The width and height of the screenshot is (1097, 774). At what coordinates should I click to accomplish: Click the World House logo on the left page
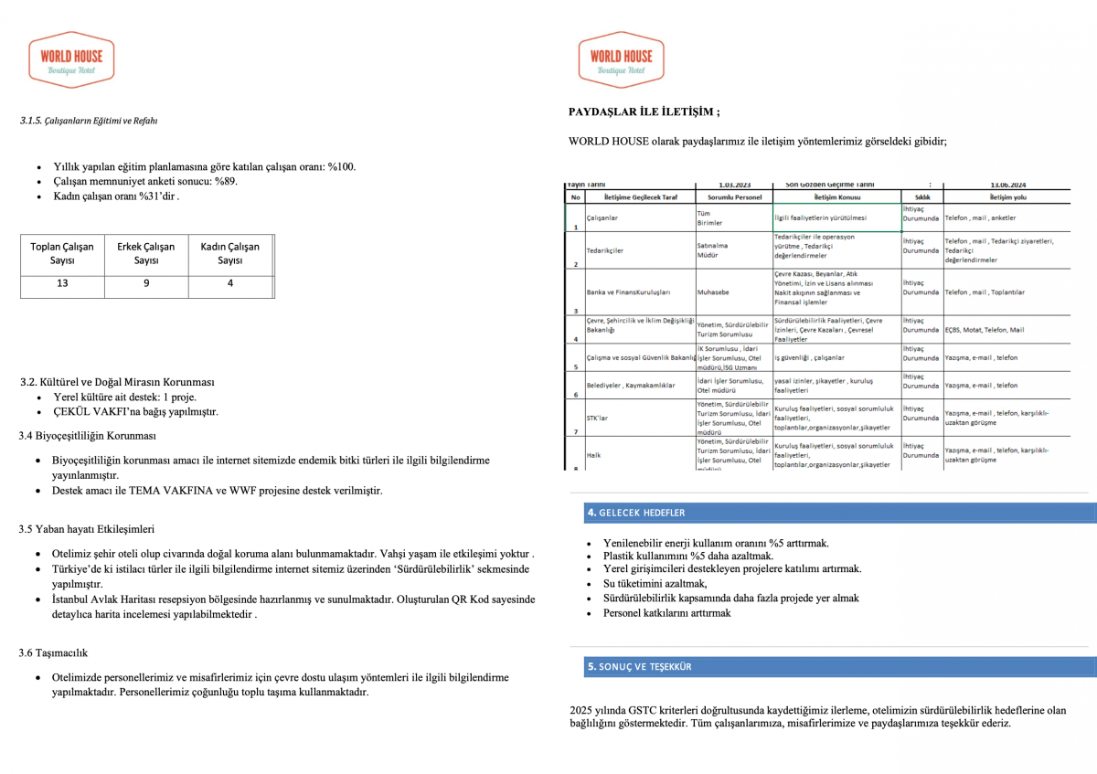click(x=71, y=59)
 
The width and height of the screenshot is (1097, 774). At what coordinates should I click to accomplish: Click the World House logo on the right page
click(x=621, y=59)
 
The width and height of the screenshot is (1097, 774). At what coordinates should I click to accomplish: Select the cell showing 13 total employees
click(x=61, y=283)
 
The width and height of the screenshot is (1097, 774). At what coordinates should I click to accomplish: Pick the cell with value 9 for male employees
click(x=146, y=283)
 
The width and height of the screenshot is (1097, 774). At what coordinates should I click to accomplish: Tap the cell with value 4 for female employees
click(x=229, y=283)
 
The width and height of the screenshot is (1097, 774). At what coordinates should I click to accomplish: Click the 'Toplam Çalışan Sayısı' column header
click(x=62, y=253)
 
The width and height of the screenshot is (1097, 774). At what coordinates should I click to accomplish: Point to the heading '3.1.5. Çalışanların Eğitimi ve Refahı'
click(x=89, y=121)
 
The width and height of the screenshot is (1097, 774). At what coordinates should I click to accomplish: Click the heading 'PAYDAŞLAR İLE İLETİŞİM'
click(x=644, y=112)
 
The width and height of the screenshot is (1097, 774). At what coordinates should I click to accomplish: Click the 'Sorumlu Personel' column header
click(x=733, y=196)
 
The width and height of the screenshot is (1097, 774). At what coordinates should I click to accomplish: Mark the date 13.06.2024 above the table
click(x=1009, y=183)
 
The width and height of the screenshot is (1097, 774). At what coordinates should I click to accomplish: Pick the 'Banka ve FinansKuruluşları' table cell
click(x=628, y=292)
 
